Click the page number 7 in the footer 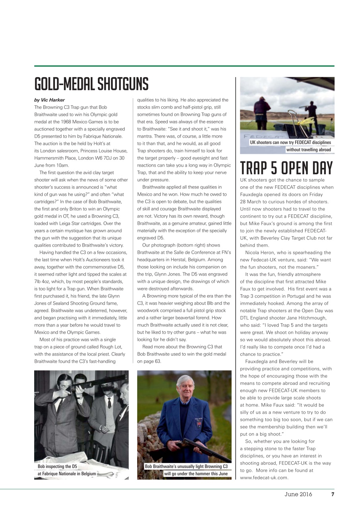333,495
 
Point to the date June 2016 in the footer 298,495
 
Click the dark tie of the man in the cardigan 109,402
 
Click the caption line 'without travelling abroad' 308,150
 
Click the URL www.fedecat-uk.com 264,478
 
